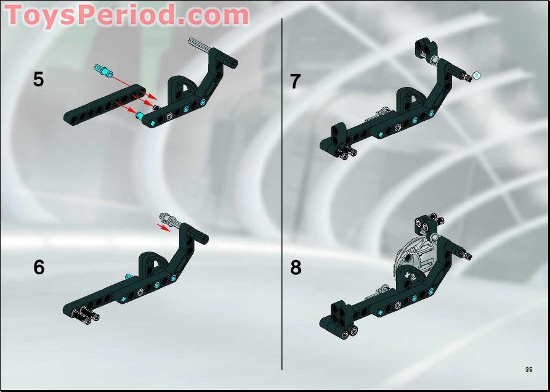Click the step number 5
pyautogui.click(x=39, y=80)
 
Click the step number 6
pyautogui.click(x=39, y=267)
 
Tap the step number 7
pyautogui.click(x=296, y=81)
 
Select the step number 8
pyautogui.click(x=296, y=268)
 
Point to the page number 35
pyautogui.click(x=529, y=369)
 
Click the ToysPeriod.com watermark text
pyautogui.click(x=127, y=15)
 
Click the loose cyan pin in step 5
pyautogui.click(x=103, y=70)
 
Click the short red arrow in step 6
pyautogui.click(x=163, y=227)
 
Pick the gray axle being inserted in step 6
pyautogui.click(x=171, y=221)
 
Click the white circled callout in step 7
pyautogui.click(x=476, y=75)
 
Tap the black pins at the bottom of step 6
pyautogui.click(x=86, y=314)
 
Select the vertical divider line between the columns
pyautogui.click(x=282, y=194)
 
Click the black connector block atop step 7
pyautogui.click(x=426, y=47)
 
